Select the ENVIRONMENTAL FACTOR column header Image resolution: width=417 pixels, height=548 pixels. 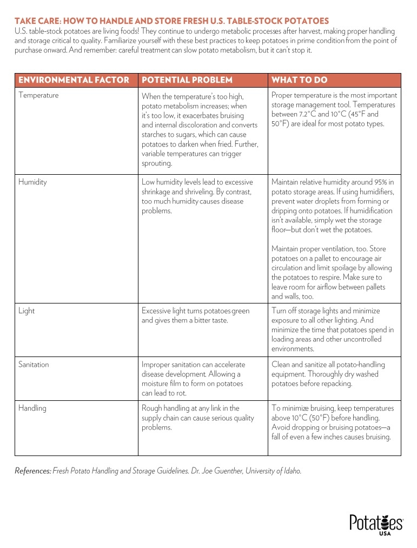coord(74,80)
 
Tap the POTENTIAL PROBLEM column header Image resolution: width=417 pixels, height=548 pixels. coord(187,80)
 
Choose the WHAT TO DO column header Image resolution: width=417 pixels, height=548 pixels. coord(299,80)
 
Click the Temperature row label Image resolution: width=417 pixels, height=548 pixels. coord(38,96)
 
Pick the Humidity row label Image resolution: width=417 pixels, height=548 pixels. coord(32,182)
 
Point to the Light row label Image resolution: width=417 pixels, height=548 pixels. coord(27,311)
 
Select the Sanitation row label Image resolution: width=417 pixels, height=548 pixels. coord(34,365)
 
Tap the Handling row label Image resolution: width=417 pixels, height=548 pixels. coord(32,408)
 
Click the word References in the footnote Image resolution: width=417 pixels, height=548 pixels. coord(32,471)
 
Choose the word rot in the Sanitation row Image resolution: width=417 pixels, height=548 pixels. coord(174,394)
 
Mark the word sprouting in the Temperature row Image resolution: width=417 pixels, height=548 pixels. coord(156,163)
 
